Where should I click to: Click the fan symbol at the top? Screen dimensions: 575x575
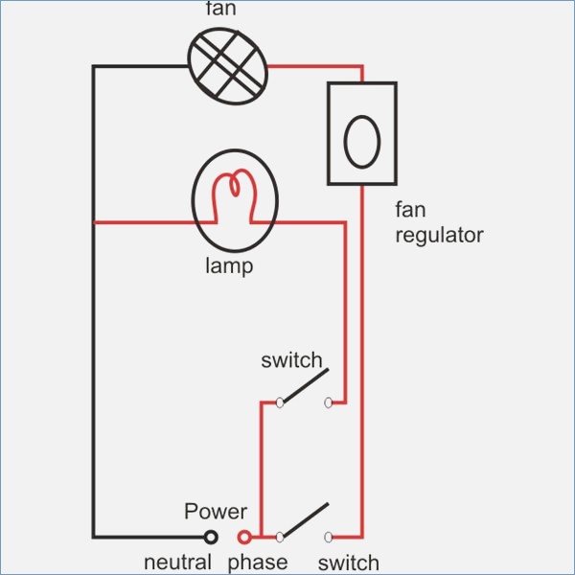click(227, 64)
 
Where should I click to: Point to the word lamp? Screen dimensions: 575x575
click(229, 265)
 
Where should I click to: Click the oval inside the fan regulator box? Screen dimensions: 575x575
click(361, 142)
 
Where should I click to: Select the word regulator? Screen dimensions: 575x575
click(439, 235)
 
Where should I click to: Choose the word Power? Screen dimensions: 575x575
click(216, 512)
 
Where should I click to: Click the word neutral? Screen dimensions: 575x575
click(177, 563)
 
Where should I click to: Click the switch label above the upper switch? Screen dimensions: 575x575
click(291, 360)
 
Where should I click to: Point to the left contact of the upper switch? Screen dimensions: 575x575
click(280, 402)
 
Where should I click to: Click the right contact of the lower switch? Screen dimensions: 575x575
click(330, 537)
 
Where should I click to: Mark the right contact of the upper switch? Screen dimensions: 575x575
click(330, 402)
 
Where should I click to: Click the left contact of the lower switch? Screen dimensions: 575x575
click(280, 537)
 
